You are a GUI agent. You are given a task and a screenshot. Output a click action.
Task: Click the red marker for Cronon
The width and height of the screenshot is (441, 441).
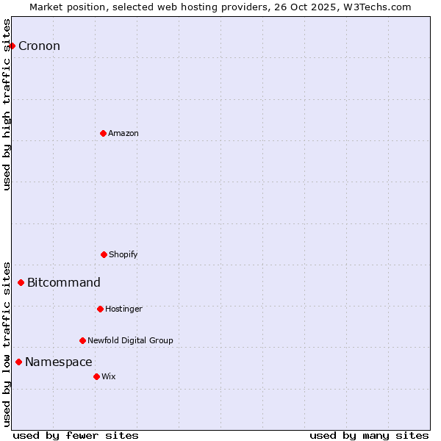12,46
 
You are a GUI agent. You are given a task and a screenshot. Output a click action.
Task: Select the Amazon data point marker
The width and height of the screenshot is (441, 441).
103,133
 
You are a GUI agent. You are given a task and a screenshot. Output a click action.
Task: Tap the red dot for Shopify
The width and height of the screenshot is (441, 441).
104,254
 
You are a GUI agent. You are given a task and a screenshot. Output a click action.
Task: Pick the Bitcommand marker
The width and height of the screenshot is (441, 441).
21,282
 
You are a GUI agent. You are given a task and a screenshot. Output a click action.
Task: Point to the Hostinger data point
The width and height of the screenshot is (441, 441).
100,309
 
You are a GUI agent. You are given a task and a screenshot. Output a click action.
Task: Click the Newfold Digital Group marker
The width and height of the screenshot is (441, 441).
82,340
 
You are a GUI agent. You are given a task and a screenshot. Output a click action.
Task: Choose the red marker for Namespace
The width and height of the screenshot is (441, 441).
18,362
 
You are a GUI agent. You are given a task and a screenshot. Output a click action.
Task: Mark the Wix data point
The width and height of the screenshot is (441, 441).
96,376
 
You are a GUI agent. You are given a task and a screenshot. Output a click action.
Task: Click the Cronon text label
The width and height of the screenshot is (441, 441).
39,46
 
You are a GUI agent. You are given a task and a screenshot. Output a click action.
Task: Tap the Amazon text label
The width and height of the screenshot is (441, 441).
123,133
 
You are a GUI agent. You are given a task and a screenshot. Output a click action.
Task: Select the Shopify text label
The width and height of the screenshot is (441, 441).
123,254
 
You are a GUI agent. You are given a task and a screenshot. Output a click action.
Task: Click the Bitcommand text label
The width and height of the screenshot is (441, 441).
64,283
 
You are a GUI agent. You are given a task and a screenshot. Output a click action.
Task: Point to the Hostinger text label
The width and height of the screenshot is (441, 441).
123,309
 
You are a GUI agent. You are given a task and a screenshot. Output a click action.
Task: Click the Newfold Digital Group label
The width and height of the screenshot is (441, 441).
130,340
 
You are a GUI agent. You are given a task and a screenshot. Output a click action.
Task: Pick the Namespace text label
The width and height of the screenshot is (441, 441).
59,362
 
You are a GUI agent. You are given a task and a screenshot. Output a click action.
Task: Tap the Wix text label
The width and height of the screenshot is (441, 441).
109,376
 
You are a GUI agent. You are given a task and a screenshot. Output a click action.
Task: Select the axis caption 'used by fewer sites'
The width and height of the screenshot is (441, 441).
76,435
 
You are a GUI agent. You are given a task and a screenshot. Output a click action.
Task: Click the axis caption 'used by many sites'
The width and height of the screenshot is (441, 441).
369,435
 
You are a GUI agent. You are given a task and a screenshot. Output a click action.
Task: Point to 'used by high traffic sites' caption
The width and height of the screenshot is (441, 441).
7,104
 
